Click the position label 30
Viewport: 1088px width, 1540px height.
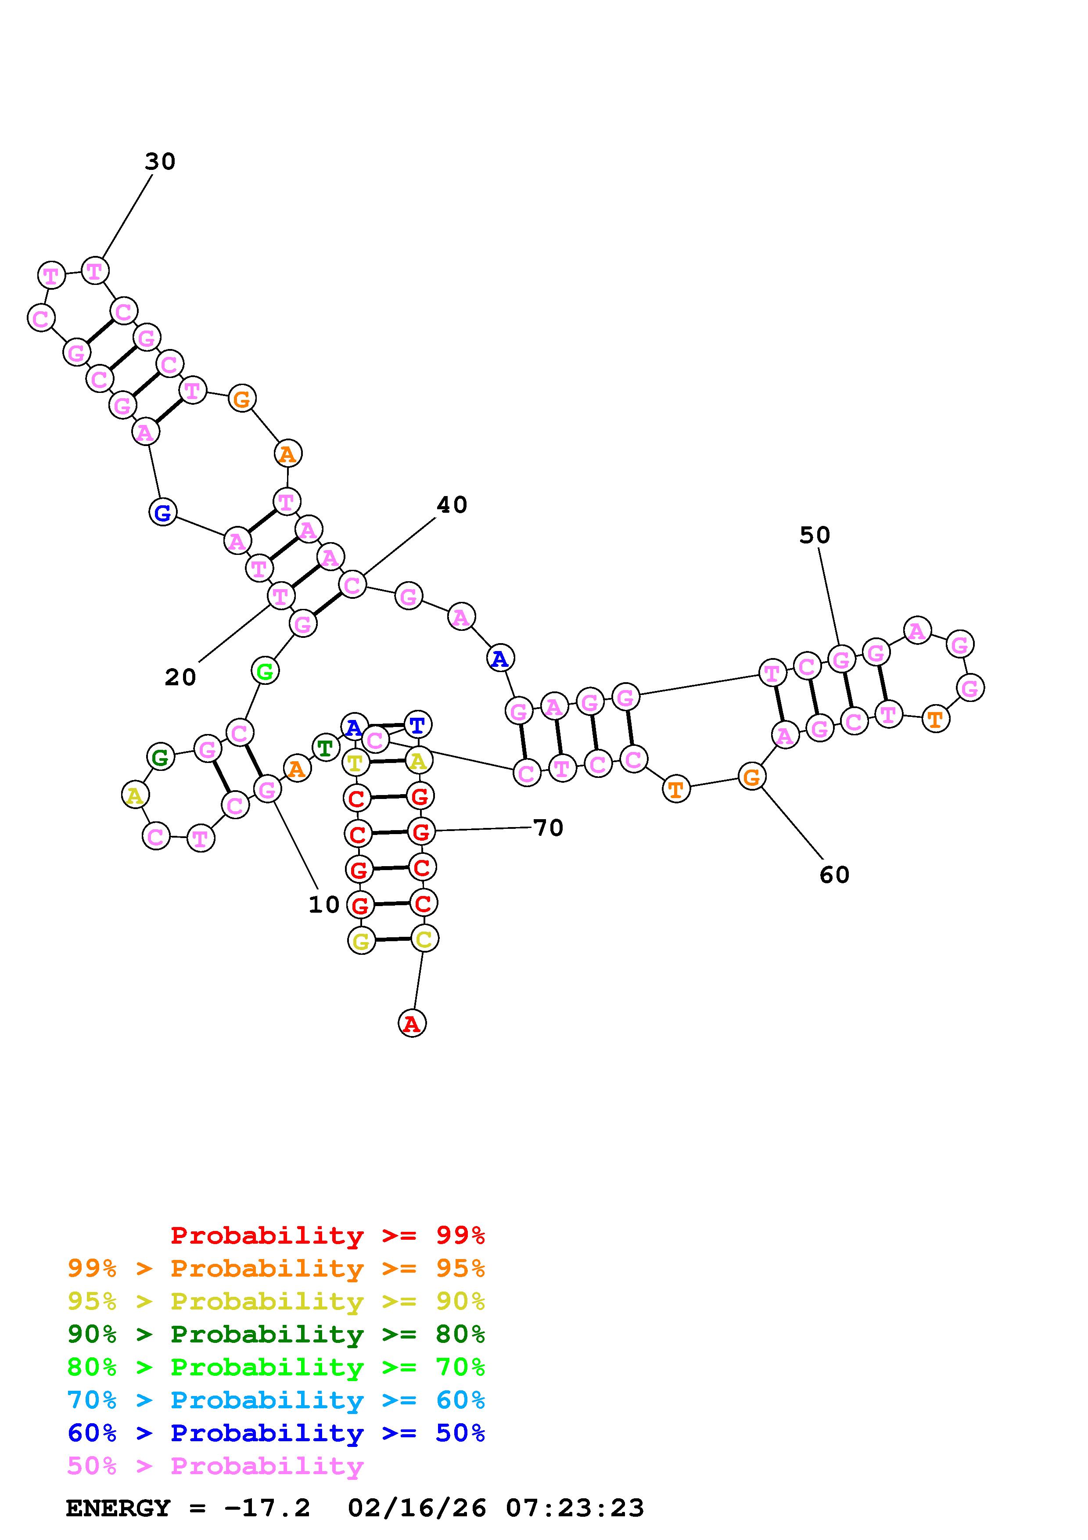click(160, 162)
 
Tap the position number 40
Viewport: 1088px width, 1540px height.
click(451, 505)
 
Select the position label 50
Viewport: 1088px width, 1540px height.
click(815, 535)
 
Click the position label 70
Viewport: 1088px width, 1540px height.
click(548, 828)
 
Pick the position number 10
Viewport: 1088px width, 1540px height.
click(324, 905)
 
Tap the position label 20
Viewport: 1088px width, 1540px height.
click(180, 677)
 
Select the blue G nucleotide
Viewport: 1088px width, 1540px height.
click(162, 514)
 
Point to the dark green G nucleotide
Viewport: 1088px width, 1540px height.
click(160, 757)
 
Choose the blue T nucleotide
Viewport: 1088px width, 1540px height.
click(417, 725)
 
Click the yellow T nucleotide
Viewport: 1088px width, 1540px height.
click(355, 763)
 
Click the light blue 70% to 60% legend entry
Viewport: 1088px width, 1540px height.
click(276, 1400)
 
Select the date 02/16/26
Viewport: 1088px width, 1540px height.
click(417, 1508)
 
